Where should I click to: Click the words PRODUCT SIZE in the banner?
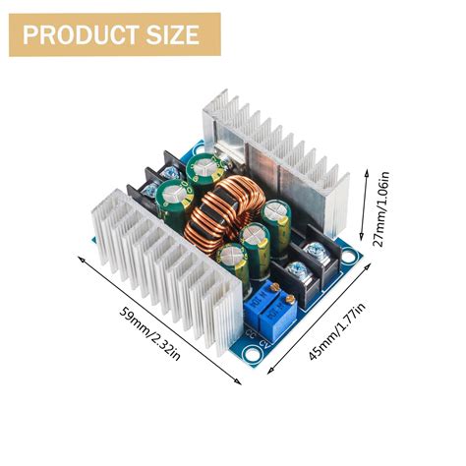(x=111, y=35)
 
